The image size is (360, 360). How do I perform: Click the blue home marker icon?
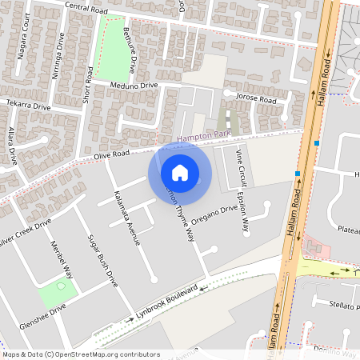(180, 172)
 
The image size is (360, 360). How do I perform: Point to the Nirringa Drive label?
(58, 57)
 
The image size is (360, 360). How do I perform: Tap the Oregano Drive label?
(214, 214)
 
